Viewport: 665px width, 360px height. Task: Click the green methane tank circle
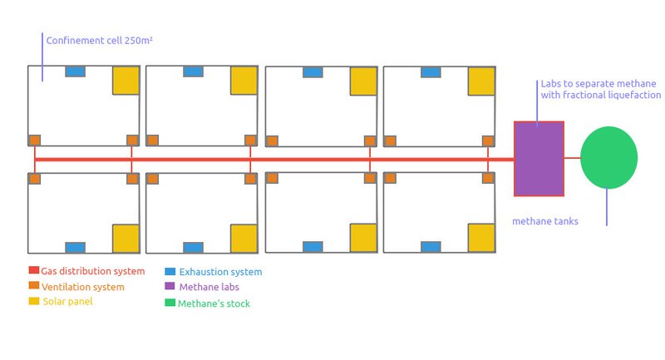tap(608, 157)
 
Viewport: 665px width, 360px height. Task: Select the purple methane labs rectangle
tap(539, 158)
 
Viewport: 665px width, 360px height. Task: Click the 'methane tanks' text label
tap(544, 221)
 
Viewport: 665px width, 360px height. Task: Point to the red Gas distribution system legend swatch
tap(34, 270)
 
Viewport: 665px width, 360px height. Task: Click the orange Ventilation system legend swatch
tap(34, 285)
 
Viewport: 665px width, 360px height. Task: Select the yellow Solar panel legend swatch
tap(34, 300)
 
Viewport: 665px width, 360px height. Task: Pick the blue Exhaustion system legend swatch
tap(170, 271)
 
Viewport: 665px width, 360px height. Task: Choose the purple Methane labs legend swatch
tap(170, 286)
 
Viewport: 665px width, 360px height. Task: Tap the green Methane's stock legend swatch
tap(170, 303)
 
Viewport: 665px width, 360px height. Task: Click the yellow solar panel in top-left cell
tap(126, 81)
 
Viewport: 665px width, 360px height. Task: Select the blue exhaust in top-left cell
tap(75, 72)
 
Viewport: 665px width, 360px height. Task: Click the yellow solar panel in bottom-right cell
tap(481, 238)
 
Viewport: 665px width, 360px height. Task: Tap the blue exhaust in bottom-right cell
tap(431, 247)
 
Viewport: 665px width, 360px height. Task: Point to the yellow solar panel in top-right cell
tap(481, 81)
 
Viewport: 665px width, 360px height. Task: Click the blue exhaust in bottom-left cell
tap(75, 247)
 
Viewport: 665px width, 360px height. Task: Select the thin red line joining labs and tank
tap(572, 157)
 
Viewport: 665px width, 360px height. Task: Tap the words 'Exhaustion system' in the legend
tap(220, 272)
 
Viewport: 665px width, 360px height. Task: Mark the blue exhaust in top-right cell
tap(431, 72)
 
